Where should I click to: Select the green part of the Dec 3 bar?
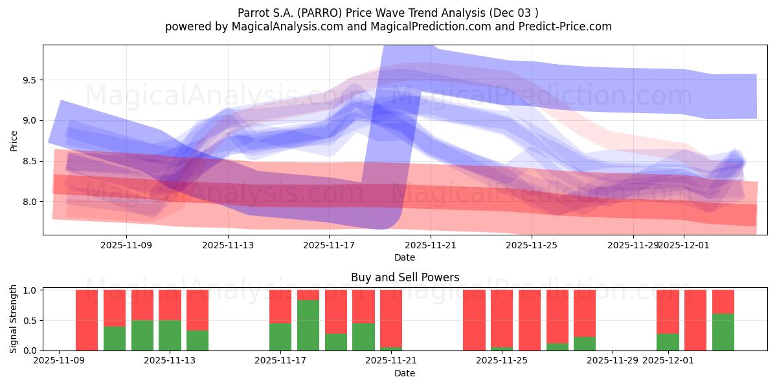pos(723,332)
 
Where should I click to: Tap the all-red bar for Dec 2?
pos(695,320)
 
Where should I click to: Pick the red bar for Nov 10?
pos(87,320)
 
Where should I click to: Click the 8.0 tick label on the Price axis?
pos(29,202)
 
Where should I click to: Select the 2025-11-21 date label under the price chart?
pos(430,245)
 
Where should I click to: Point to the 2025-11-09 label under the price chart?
pos(126,245)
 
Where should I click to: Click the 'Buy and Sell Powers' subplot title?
pos(405,277)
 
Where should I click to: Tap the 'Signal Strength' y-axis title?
pos(14,319)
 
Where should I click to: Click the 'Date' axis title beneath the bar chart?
pos(405,373)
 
